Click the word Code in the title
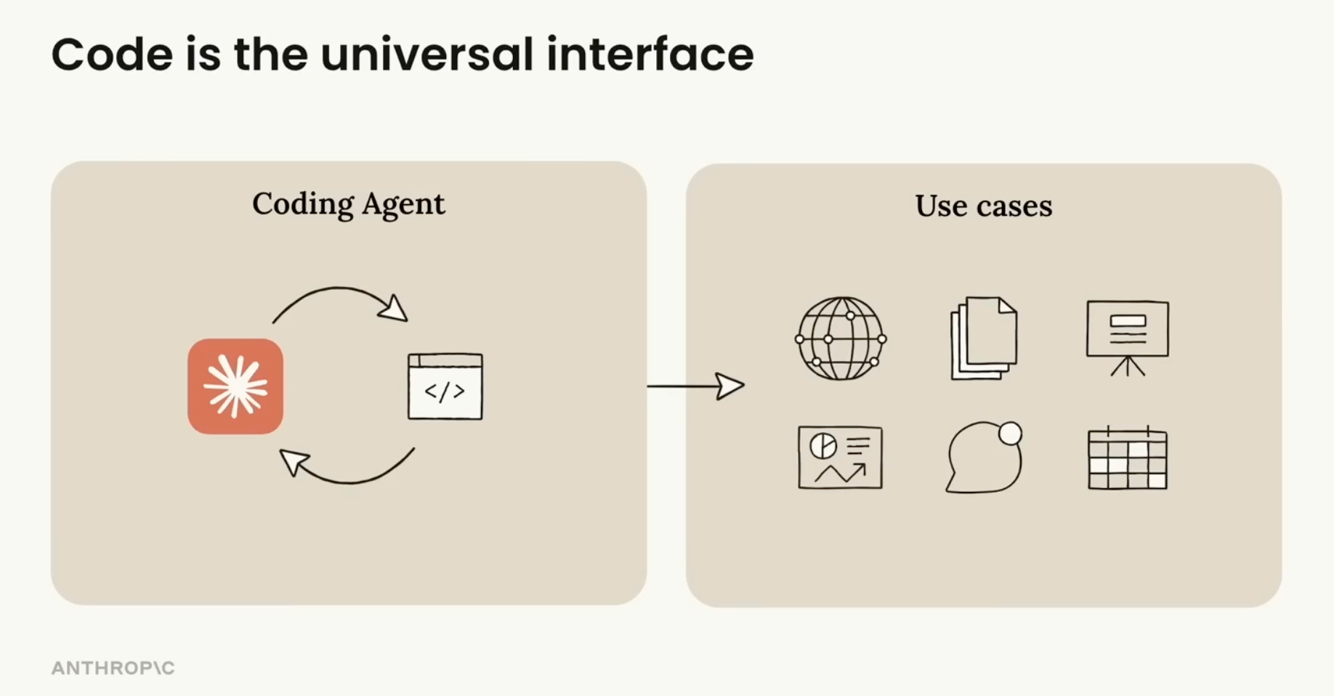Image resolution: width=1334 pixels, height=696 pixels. (112, 54)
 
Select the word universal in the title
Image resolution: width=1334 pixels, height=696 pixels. (427, 54)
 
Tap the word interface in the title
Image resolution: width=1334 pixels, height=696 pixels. (650, 54)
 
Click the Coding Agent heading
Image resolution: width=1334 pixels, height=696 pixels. (348, 204)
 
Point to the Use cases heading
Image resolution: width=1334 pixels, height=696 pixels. (983, 206)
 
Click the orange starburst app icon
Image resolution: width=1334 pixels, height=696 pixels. (235, 387)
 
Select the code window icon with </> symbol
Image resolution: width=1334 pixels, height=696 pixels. (445, 387)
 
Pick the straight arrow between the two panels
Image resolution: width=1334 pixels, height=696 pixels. (695, 386)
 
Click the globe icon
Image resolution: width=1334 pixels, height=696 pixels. (841, 339)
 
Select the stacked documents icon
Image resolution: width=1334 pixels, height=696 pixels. (984, 338)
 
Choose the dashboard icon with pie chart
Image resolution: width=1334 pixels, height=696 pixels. (840, 458)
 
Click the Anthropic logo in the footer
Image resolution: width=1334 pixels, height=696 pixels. (113, 668)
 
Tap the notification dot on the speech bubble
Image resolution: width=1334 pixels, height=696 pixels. (1010, 434)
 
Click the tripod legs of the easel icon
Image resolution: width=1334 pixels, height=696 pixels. (1127, 366)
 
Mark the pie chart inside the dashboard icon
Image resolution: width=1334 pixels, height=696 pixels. (823, 445)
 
